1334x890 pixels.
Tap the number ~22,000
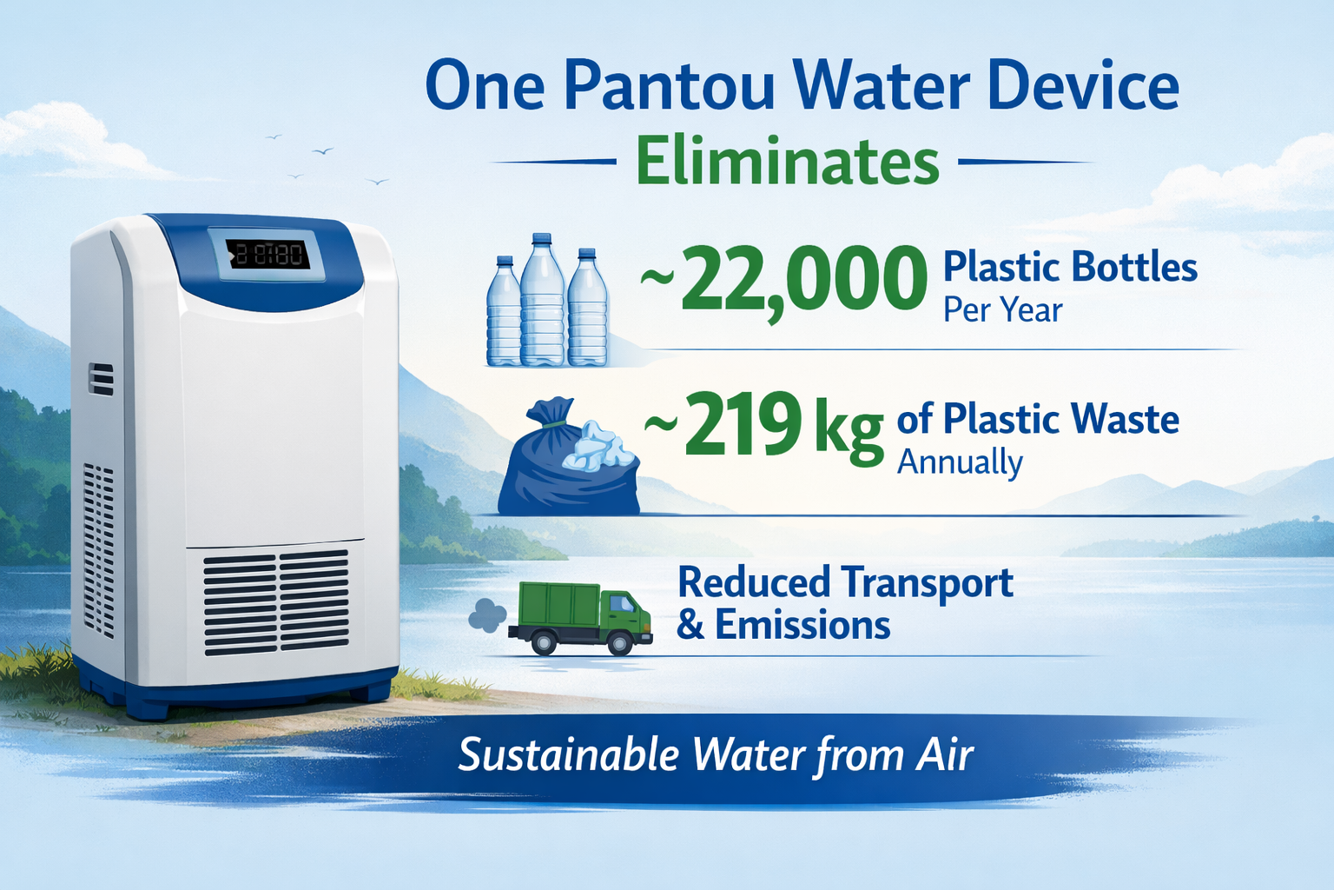click(783, 280)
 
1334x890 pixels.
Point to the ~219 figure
click(723, 424)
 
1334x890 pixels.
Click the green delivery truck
click(581, 618)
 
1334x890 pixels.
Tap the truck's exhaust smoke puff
click(487, 614)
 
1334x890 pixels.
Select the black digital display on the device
click(268, 255)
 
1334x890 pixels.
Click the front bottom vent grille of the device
click(276, 602)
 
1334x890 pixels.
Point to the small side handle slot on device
click(102, 379)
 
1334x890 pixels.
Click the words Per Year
click(1003, 310)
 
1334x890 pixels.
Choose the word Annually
click(960, 462)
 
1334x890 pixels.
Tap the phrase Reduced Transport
click(846, 583)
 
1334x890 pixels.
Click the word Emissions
click(802, 625)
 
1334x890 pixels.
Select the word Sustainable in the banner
click(570, 754)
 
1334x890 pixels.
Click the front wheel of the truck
click(620, 643)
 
